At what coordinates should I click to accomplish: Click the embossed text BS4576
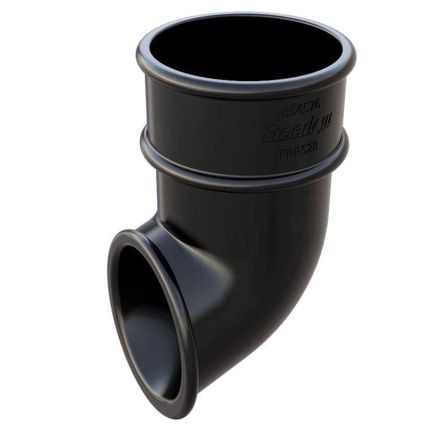click(301, 112)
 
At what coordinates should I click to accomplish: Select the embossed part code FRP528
click(299, 154)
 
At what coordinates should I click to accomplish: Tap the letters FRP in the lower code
click(289, 155)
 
